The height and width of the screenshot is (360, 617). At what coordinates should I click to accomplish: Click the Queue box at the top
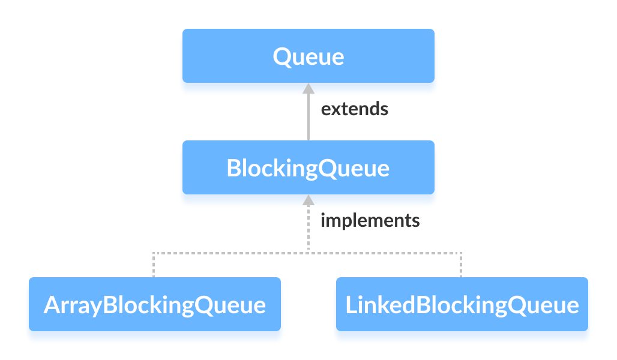coord(308,56)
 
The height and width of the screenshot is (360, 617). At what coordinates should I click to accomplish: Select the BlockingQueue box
coord(308,167)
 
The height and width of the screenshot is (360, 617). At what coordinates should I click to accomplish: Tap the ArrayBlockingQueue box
coord(154,304)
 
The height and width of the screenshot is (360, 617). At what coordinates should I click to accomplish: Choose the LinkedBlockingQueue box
coord(462,304)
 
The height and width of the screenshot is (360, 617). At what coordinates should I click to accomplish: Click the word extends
coord(354,109)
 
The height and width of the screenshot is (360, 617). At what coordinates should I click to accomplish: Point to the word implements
coord(370,220)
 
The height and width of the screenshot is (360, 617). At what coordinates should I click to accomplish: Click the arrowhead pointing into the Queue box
coord(308,88)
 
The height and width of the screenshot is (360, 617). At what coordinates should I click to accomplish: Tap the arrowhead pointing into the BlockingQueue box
coord(308,200)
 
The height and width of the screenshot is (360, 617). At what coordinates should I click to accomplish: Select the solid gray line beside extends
coord(308,117)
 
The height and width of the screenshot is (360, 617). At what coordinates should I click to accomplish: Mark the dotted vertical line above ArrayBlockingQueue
coord(154,265)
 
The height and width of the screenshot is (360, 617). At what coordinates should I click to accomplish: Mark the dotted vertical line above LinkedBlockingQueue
coord(462,265)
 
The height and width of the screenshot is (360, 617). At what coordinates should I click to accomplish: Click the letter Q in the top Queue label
coord(282,56)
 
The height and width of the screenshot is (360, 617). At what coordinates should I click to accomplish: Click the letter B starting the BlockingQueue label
coord(234,168)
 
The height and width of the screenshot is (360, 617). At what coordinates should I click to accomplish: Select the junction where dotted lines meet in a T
coord(308,253)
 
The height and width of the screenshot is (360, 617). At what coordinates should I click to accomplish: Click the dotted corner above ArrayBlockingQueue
coord(154,253)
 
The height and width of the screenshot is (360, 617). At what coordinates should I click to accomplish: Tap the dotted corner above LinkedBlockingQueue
coord(462,253)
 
